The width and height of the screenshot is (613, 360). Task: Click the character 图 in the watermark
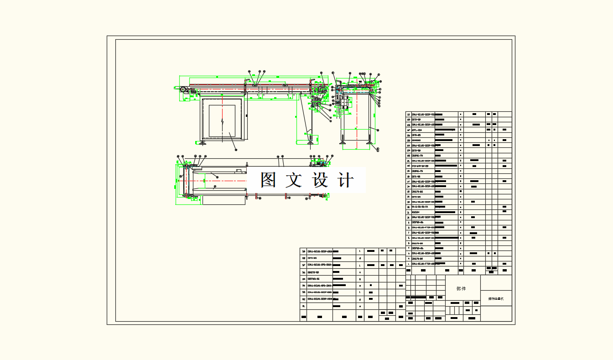tap(269, 180)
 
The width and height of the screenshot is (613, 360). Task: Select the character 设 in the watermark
tap(320, 180)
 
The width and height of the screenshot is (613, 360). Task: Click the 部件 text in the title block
tap(461, 289)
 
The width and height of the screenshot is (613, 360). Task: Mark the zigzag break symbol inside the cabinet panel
tap(222, 121)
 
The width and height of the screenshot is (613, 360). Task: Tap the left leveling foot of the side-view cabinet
tap(202, 143)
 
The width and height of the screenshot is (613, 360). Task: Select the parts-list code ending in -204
tap(420, 130)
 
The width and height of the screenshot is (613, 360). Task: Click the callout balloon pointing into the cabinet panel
tap(236, 149)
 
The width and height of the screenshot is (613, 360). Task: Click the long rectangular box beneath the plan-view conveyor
tap(223, 200)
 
